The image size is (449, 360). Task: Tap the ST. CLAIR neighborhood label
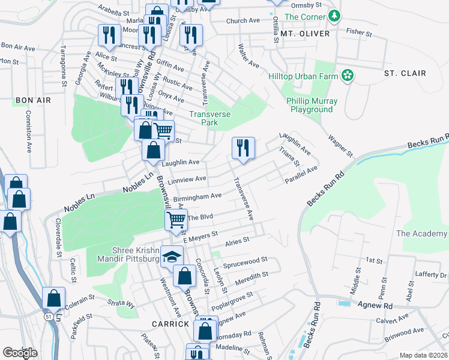pos(405,73)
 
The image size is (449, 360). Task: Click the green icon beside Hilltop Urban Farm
pos(347,75)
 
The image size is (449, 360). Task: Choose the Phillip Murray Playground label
pos(312,106)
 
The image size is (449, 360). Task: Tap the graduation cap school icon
pos(172,256)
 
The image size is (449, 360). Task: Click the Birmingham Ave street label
pos(197,196)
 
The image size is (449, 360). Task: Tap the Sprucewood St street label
pos(244,264)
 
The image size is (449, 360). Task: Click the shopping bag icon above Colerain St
pos(54,298)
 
